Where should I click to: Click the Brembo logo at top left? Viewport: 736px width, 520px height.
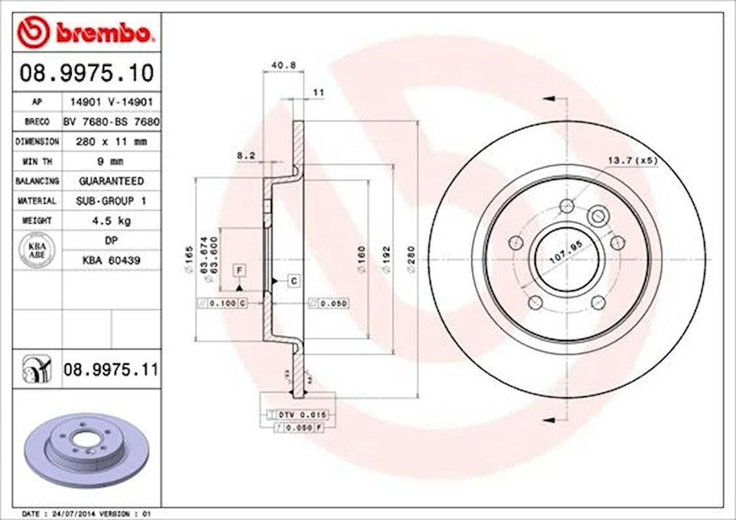pos(85,33)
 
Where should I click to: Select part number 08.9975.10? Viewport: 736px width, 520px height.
pos(86,73)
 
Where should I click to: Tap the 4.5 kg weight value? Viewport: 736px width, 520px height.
pos(111,221)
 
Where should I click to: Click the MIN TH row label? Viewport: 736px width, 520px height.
pos(37,161)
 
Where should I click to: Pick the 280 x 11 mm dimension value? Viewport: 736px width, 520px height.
pos(111,142)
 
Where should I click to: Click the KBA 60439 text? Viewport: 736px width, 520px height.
pos(111,260)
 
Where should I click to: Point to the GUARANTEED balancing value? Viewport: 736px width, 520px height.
pos(111,181)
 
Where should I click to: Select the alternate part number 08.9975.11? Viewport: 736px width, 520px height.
pos(110,370)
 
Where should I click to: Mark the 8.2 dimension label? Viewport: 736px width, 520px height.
pos(246,155)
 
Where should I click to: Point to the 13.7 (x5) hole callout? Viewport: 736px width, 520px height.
pos(632,161)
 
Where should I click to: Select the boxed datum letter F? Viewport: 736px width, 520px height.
pos(238,270)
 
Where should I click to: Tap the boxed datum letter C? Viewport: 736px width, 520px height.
pos(294,281)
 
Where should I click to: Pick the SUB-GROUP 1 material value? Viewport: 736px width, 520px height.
pos(111,201)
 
